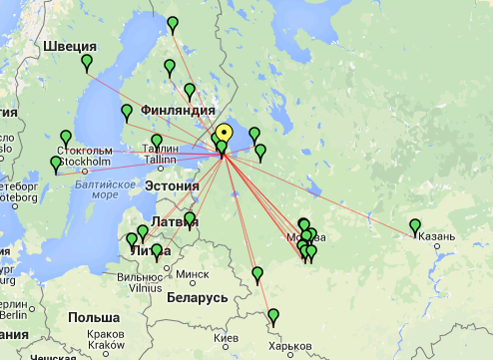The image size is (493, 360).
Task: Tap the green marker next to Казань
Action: pyautogui.click(x=415, y=226)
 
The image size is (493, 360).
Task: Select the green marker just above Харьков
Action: pyautogui.click(x=273, y=317)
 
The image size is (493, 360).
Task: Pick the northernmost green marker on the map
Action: pyautogui.click(x=174, y=23)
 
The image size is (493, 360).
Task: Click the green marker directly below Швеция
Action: pyautogui.click(x=87, y=64)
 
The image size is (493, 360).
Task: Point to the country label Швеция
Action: pyautogui.click(x=70, y=46)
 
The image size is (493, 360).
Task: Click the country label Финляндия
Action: pyautogui.click(x=179, y=110)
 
